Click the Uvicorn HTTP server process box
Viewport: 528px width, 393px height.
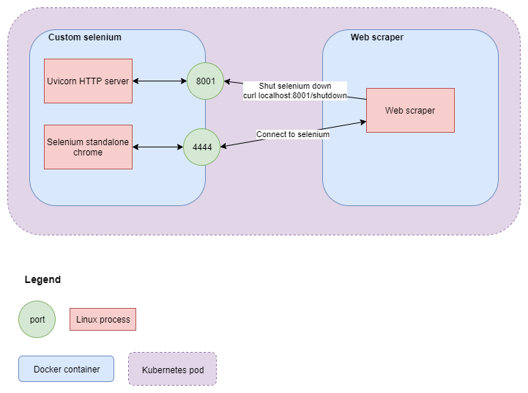point(88,81)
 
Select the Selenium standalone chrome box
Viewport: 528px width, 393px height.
point(88,147)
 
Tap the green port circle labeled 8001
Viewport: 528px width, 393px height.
point(205,81)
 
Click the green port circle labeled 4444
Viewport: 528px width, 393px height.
point(201,147)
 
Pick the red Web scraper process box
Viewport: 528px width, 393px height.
point(410,110)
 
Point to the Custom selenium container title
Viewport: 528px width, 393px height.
point(85,37)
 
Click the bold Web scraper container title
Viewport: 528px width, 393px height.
point(376,37)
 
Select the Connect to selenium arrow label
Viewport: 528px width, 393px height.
point(293,134)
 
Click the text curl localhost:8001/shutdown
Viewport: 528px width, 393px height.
point(294,95)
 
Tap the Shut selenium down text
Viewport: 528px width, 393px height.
point(294,86)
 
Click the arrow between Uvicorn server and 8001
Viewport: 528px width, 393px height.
point(160,81)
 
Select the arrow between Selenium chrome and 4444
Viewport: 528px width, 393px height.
point(157,147)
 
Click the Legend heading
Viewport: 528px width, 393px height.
point(42,279)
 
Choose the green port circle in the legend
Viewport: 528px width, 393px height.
point(37,319)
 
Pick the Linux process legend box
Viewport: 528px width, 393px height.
point(103,319)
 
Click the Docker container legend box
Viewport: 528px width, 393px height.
point(67,369)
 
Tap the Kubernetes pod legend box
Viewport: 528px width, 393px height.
point(172,370)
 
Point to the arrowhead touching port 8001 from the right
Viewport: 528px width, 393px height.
point(227,81)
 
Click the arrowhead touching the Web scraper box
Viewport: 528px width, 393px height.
point(362,122)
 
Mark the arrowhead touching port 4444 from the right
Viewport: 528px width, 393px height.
point(223,147)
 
